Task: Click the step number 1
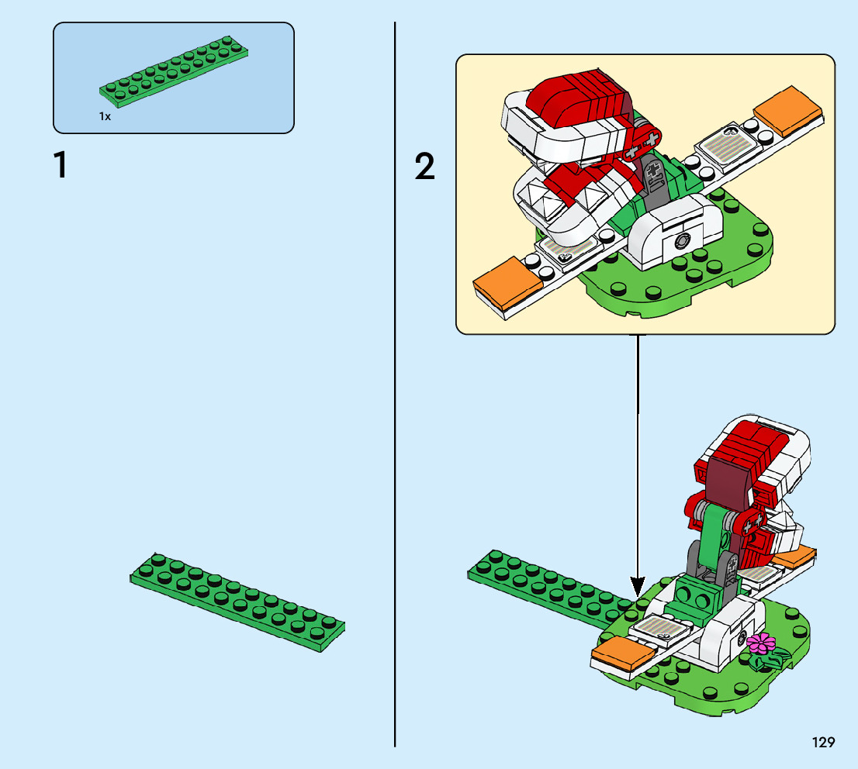(x=60, y=166)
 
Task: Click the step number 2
(x=424, y=167)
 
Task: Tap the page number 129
(x=823, y=743)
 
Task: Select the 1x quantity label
(x=105, y=116)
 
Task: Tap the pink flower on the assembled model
(x=761, y=643)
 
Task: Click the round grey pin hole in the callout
(x=683, y=242)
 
